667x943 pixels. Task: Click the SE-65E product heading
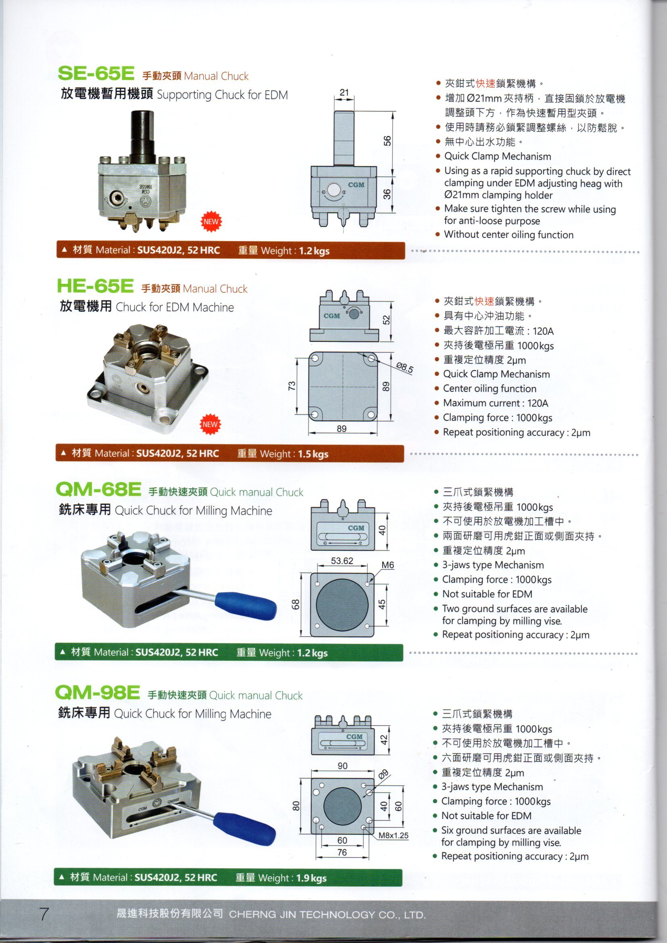(x=96, y=74)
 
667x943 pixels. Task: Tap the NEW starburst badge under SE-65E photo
(x=211, y=222)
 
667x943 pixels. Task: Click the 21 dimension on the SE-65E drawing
(x=344, y=92)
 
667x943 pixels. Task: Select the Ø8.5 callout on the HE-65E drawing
(x=404, y=368)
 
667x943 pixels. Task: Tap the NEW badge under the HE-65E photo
(x=210, y=424)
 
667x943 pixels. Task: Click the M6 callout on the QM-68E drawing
(x=388, y=565)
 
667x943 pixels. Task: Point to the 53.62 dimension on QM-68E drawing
(x=342, y=561)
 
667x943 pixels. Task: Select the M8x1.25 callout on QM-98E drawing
(x=393, y=835)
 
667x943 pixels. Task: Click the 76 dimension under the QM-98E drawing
(x=342, y=852)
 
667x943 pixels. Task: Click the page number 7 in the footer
(x=44, y=914)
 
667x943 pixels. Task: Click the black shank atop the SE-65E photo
(x=142, y=131)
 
